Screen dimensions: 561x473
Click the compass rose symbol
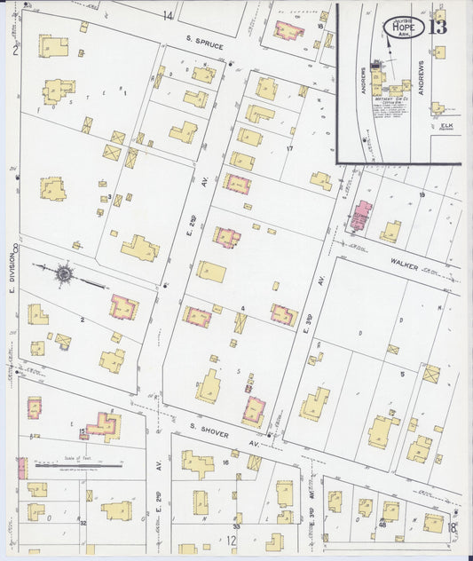(x=65, y=273)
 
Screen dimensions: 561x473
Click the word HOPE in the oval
(x=404, y=28)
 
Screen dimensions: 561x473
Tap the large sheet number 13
(x=438, y=26)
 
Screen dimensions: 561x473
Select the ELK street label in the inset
(x=446, y=126)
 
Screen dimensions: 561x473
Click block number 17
(x=289, y=148)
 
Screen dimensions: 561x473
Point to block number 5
(x=402, y=374)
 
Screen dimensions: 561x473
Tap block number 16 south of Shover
(x=226, y=463)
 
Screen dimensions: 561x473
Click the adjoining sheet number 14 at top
(x=168, y=15)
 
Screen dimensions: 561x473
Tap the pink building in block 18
(x=288, y=30)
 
